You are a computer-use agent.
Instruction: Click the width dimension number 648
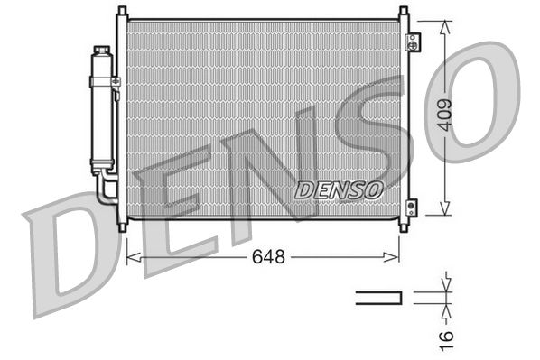tap(268, 257)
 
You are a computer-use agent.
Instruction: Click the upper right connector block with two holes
tap(413, 42)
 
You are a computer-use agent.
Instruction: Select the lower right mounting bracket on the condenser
tap(413, 207)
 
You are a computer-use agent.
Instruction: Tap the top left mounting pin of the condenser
tap(121, 12)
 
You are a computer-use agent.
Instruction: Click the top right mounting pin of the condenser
tap(400, 12)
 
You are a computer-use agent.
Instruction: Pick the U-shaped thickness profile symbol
tap(378, 298)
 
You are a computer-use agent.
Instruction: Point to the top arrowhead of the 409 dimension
tap(442, 24)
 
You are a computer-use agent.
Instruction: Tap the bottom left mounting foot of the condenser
tap(122, 221)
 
